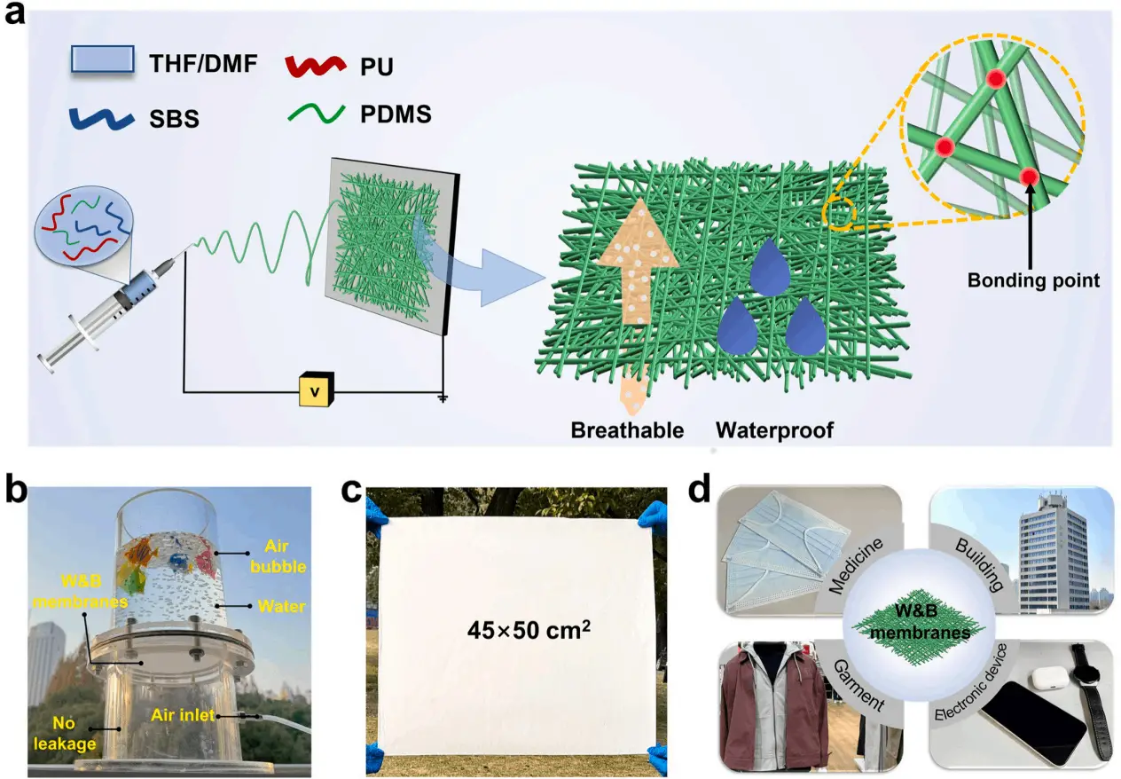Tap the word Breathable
(x=628, y=430)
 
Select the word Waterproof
(x=774, y=430)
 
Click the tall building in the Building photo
(x=1012, y=559)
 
